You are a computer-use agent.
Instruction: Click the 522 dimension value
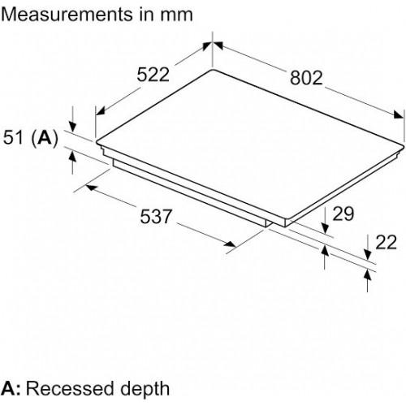click(x=153, y=75)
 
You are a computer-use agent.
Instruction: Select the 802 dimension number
click(x=306, y=78)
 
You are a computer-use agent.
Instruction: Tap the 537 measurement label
click(x=156, y=216)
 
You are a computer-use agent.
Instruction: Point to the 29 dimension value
click(x=343, y=214)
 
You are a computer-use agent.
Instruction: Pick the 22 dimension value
click(x=386, y=242)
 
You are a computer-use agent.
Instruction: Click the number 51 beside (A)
click(x=13, y=137)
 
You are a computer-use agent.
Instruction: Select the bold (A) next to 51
click(x=45, y=138)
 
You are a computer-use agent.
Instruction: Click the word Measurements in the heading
click(x=67, y=15)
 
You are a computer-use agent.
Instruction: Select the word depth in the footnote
click(x=145, y=390)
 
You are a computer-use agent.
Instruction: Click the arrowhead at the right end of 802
click(x=399, y=114)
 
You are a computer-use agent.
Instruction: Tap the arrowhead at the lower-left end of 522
click(x=101, y=110)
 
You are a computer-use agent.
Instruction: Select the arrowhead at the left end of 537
click(x=92, y=188)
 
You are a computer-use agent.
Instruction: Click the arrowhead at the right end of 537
click(x=230, y=244)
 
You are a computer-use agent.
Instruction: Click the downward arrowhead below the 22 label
click(x=367, y=255)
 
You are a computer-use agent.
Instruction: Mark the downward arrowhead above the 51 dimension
click(x=72, y=126)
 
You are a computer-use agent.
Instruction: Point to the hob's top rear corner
click(x=212, y=70)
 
